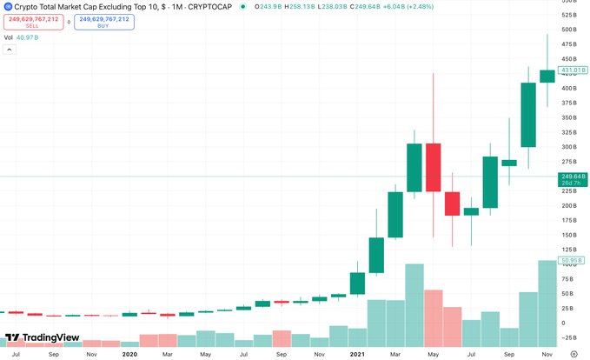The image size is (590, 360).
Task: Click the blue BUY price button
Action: click(x=103, y=22)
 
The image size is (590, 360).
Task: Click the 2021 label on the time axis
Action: click(x=357, y=354)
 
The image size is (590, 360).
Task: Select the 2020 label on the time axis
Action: click(x=129, y=354)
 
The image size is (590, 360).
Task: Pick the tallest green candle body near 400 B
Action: click(x=527, y=115)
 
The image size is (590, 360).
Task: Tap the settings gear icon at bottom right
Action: click(x=573, y=354)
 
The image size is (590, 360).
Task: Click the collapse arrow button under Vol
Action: click(x=10, y=50)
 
